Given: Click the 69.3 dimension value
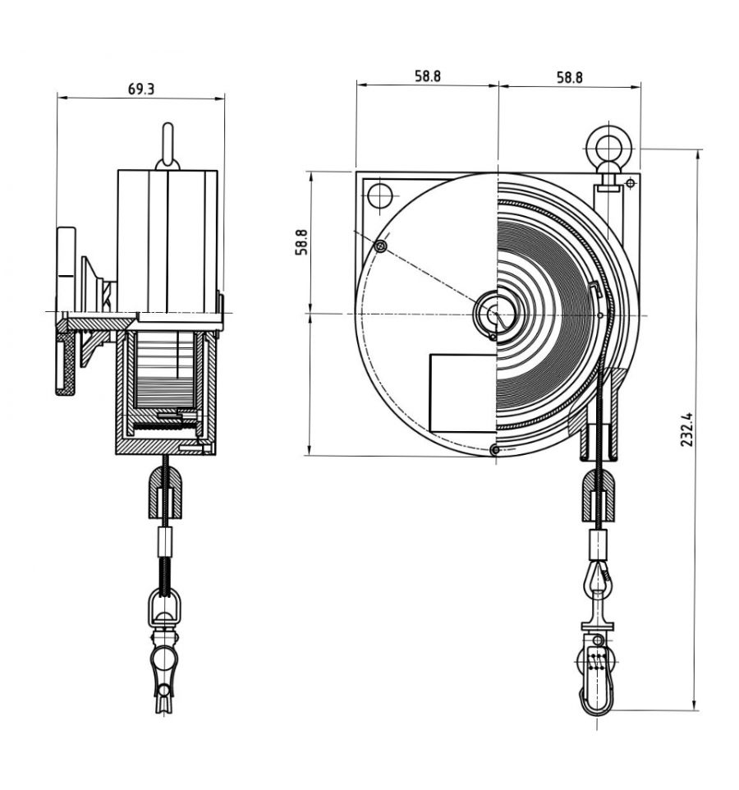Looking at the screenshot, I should click(x=141, y=89).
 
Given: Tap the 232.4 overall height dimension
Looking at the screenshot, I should click(x=687, y=429).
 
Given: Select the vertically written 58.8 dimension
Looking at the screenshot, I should click(x=301, y=242).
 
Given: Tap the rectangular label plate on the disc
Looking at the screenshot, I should click(x=463, y=392).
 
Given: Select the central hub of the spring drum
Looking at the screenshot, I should click(x=495, y=313).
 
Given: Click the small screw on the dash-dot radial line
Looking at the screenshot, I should click(x=380, y=246).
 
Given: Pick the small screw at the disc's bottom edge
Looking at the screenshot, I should click(x=493, y=449).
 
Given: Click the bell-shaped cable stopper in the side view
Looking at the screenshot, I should click(x=166, y=494).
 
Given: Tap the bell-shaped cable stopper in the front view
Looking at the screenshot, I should click(x=600, y=498).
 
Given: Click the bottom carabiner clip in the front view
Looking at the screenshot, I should click(x=598, y=680).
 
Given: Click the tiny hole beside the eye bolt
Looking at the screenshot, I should click(x=630, y=181).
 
